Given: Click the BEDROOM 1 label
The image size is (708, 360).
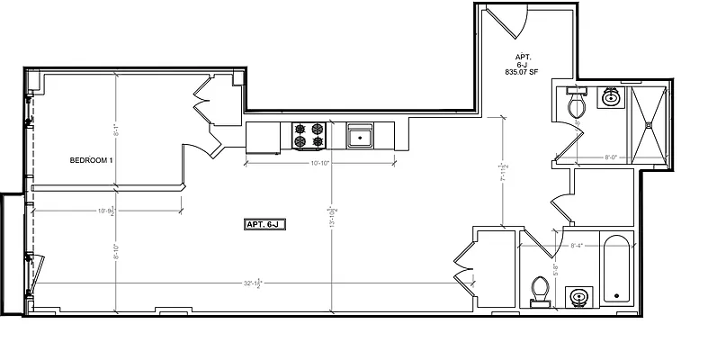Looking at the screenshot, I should (x=92, y=161).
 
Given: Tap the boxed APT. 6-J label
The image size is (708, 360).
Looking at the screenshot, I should (x=264, y=224).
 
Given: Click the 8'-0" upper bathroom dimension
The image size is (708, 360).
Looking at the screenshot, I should (x=611, y=157).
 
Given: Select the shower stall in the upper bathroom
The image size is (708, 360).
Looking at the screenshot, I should (x=650, y=126).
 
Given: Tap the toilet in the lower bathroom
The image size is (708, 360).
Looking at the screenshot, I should (x=540, y=289).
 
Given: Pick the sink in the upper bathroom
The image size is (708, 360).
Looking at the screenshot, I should (x=610, y=97).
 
